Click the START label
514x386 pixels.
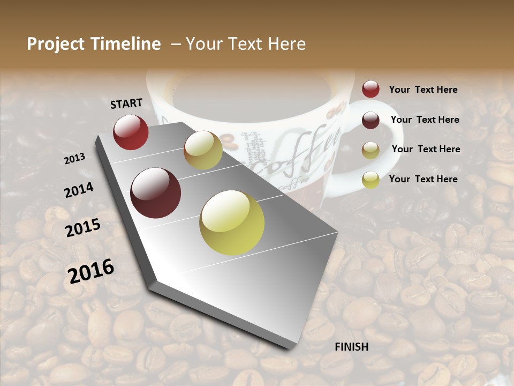(126, 103)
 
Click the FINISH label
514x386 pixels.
(351, 347)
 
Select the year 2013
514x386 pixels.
(74, 159)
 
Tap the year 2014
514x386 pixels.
(79, 190)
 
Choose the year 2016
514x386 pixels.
(90, 271)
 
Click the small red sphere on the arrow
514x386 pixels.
(131, 132)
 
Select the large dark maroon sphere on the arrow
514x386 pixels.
(156, 193)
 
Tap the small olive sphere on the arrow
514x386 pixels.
(203, 150)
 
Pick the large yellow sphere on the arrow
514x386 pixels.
(232, 222)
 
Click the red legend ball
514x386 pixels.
(371, 90)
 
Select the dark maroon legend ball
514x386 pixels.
(371, 120)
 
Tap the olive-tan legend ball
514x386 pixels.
(371, 150)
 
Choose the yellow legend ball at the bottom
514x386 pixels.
(371, 180)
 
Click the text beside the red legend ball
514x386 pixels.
(423, 90)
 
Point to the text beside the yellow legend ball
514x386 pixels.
(423, 179)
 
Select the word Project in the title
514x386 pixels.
(56, 44)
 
